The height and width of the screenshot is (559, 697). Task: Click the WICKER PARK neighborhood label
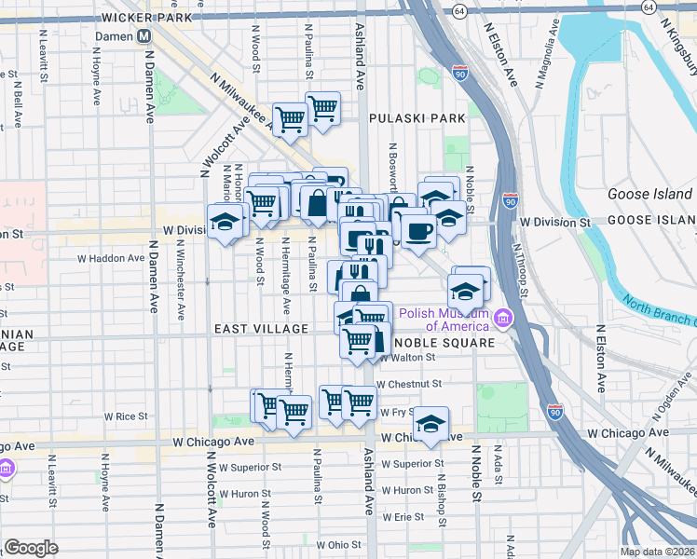point(148,18)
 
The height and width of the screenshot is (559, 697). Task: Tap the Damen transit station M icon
point(144,36)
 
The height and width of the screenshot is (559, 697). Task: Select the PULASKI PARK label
point(417,118)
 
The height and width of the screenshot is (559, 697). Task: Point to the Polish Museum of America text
point(444,320)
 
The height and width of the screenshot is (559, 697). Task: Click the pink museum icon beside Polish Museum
point(504,320)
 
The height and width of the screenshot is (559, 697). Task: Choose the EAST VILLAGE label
point(261,329)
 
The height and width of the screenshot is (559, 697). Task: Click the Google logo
point(31,548)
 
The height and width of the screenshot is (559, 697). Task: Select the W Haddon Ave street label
point(106,257)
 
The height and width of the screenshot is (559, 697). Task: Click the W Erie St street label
point(403,515)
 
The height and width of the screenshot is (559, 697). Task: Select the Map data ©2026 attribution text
point(657,552)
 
